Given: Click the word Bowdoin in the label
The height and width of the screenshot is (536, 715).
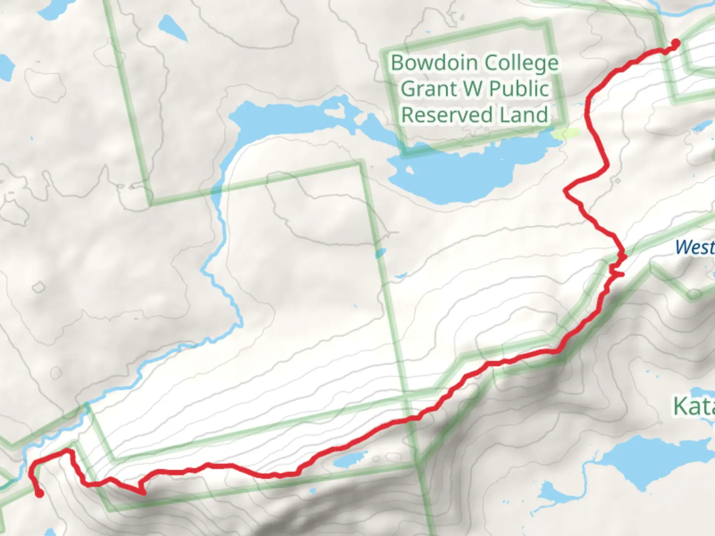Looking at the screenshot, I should point(435,63).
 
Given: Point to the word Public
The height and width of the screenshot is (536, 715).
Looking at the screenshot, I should point(519,89).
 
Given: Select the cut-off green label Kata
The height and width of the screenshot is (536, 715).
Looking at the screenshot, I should point(693,407).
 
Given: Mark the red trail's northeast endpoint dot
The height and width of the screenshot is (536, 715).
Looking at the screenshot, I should point(675,43).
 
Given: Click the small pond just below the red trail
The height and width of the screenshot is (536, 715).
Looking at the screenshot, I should point(350,460).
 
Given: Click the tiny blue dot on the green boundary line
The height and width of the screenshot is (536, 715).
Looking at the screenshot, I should point(380,254).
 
